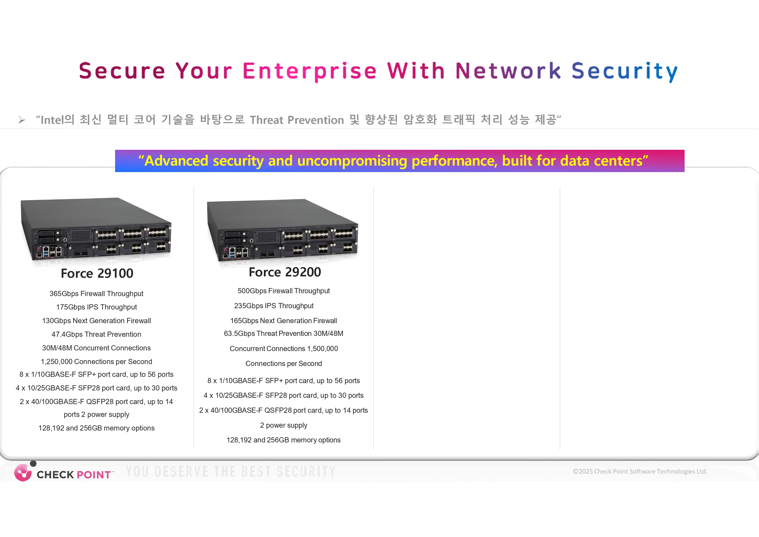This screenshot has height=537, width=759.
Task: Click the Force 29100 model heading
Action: [x=97, y=274]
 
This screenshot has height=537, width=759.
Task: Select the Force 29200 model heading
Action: [x=285, y=272]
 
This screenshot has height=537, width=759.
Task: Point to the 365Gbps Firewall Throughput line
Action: [x=96, y=294]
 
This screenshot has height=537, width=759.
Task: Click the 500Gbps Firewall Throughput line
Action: [x=284, y=291]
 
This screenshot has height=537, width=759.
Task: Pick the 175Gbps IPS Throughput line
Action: [x=96, y=307]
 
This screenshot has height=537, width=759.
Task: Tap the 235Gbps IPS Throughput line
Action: [x=274, y=306]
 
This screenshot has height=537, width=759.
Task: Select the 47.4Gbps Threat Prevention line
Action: [x=96, y=334]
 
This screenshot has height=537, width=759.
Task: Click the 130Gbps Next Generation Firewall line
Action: [x=96, y=321]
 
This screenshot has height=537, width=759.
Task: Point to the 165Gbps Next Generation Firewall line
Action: [x=284, y=321]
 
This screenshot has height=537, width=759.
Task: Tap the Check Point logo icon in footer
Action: [x=23, y=472]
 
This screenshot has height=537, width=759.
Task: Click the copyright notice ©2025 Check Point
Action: [x=640, y=471]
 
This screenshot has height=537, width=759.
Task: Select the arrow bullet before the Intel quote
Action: [x=22, y=120]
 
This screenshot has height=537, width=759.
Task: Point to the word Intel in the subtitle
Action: [x=51, y=120]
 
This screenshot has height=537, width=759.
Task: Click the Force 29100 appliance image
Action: [x=96, y=232]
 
